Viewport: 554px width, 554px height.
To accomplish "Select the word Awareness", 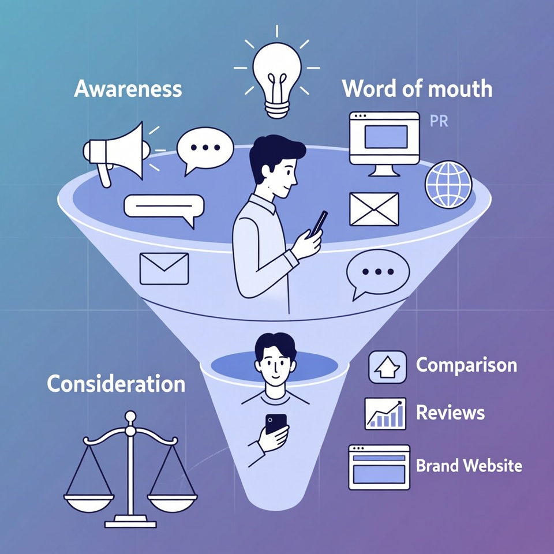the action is point(128,89).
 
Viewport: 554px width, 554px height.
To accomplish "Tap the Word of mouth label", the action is point(417,89).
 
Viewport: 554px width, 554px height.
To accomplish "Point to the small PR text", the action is point(439,121).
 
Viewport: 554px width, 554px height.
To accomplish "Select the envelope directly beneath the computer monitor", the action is point(374,209).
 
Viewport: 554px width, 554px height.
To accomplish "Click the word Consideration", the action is point(116,384).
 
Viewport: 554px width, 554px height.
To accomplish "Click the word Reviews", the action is point(450,413).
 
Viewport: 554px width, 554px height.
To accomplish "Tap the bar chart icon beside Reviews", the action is point(385,413).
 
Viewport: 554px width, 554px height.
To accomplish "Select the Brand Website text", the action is point(469,465).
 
